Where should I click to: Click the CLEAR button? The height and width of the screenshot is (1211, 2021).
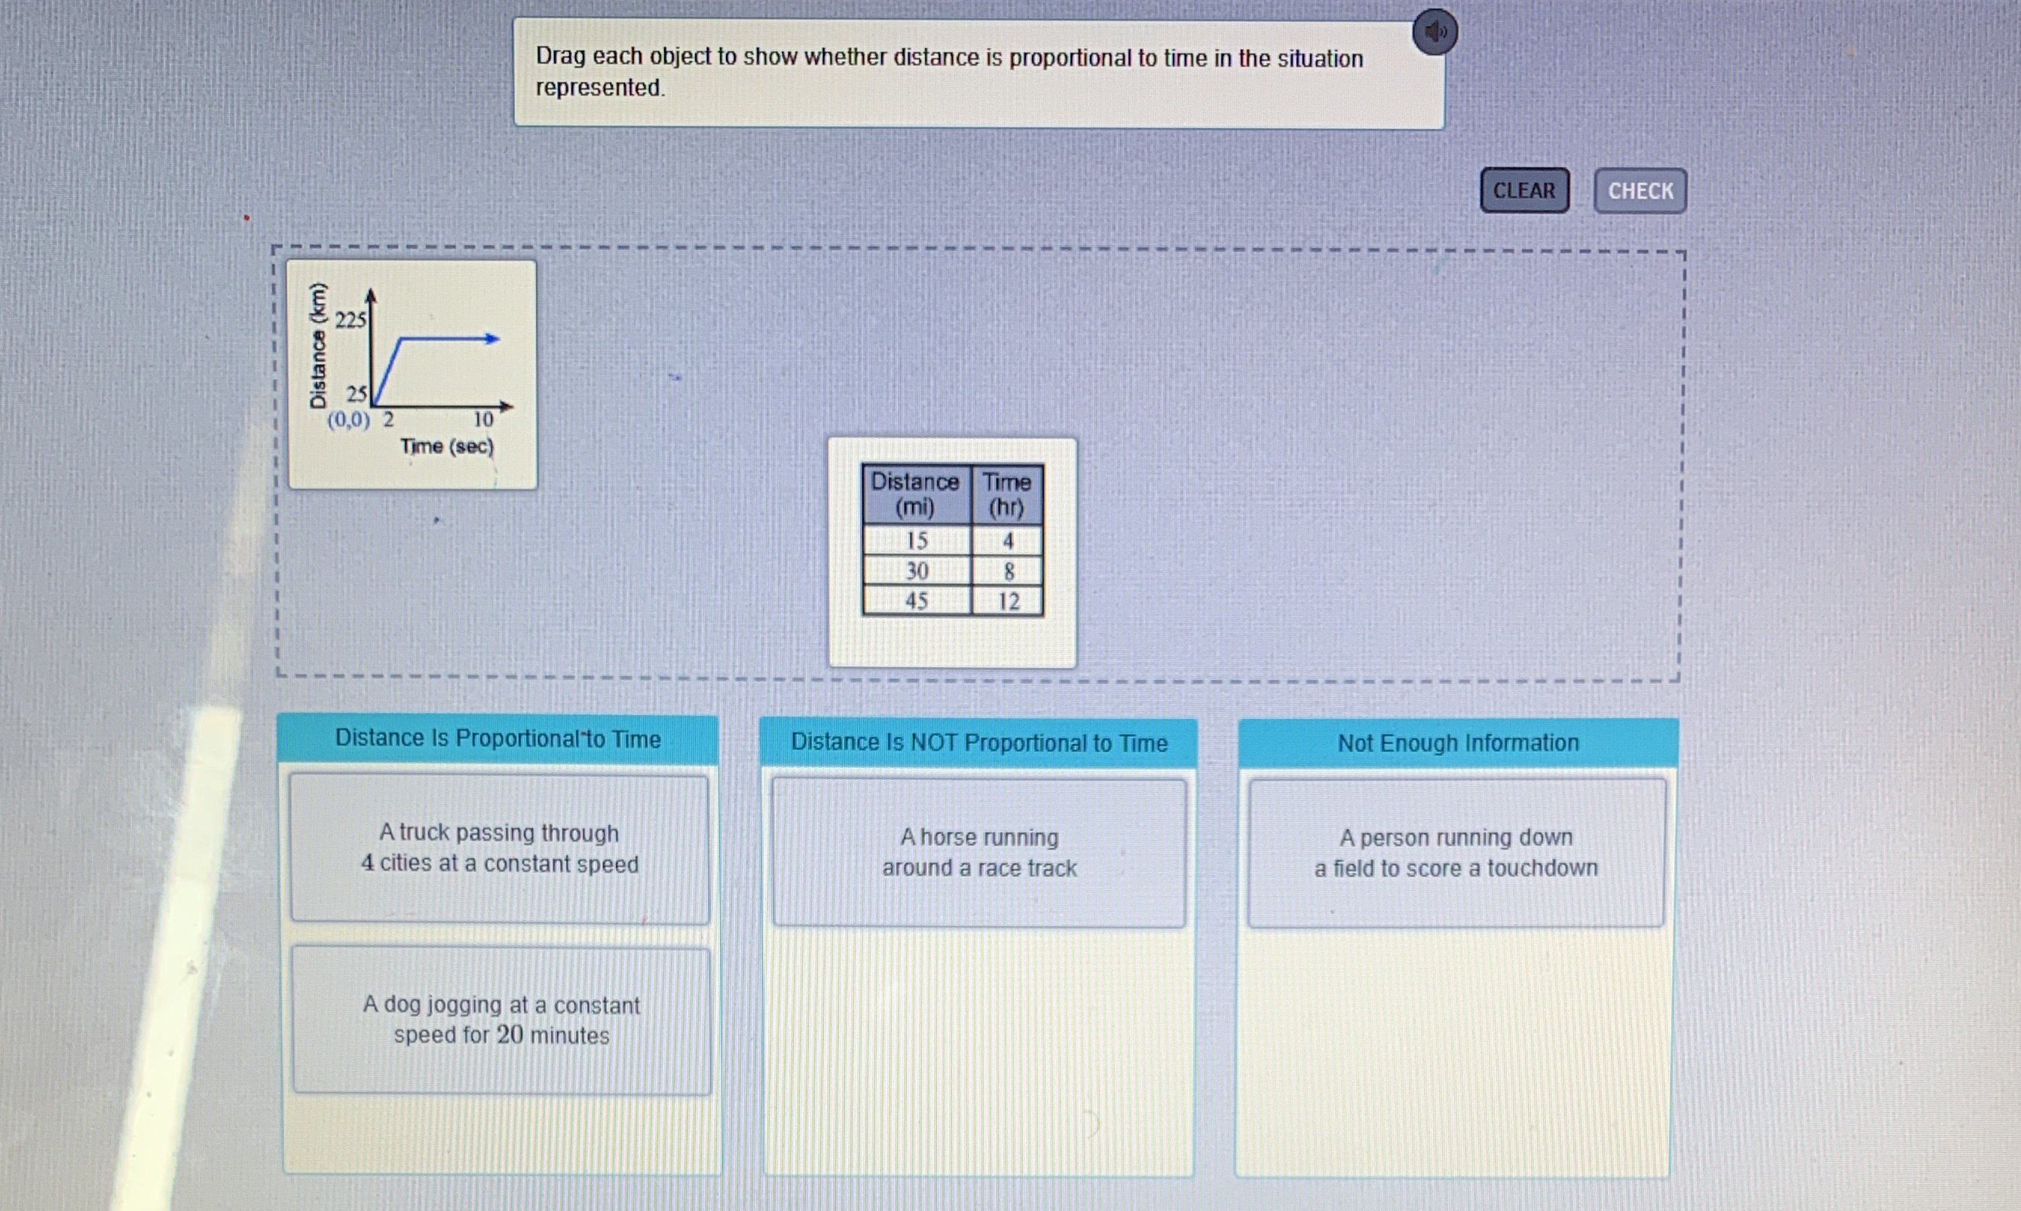coord(1524,190)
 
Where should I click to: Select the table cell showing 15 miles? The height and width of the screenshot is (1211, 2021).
coord(917,540)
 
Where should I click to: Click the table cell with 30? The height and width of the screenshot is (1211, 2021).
coord(917,570)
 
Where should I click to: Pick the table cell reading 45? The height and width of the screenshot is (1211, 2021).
coord(917,601)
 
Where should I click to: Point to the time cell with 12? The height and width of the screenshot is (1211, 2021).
coord(1008,601)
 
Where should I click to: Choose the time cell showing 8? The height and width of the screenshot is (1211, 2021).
coord(1008,571)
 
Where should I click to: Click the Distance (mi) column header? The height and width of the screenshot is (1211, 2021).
coord(916,494)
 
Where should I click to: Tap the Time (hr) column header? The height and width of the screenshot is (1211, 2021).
coord(1007,494)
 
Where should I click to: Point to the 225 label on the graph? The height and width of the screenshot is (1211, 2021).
coord(351,320)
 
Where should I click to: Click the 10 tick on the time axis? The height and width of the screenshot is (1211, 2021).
coord(483,420)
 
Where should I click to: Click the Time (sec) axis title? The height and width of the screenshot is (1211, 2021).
coord(447,446)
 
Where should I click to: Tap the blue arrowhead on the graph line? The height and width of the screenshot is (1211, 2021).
coord(491,338)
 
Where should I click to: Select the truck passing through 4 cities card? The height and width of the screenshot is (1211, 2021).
coord(500,849)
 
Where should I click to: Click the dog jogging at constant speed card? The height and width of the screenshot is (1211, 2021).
coord(501,1020)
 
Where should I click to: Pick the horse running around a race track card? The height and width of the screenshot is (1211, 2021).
coord(978,853)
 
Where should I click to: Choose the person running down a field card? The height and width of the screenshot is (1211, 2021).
coord(1456,853)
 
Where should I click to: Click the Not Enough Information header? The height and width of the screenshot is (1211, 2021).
coord(1458,742)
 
